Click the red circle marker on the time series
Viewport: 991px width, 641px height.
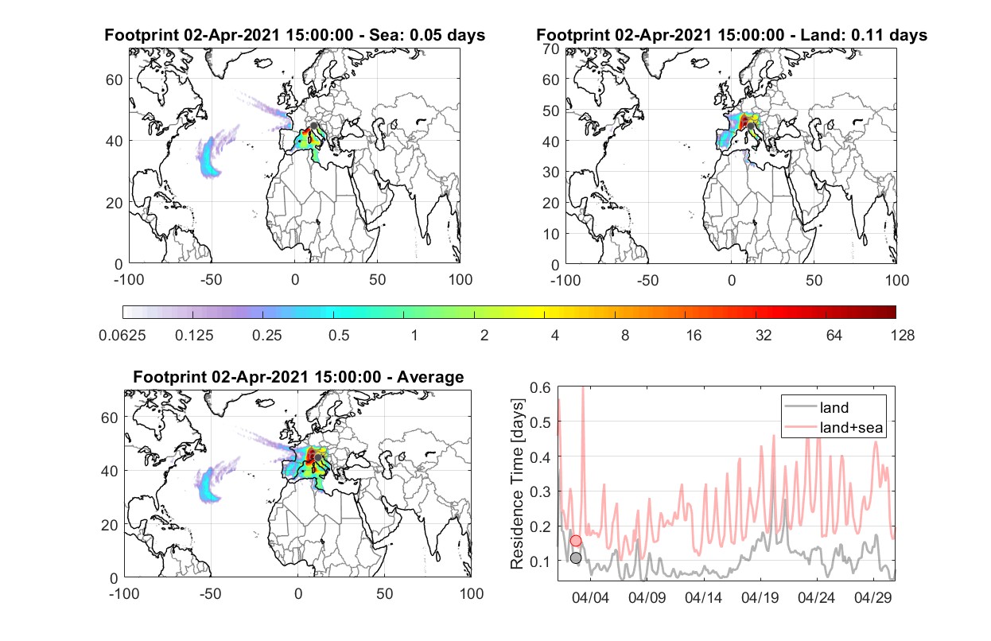pos(576,541)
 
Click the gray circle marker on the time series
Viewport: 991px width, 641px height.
pos(576,557)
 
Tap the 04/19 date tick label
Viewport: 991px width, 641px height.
pos(760,598)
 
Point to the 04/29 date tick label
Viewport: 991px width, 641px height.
pos(872,598)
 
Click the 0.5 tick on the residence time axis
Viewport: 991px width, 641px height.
pos(540,422)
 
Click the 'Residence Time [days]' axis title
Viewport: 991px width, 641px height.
pos(517,484)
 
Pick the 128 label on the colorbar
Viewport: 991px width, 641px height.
pos(902,336)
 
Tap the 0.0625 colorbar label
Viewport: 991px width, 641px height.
pos(122,336)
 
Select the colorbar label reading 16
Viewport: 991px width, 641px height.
pos(694,336)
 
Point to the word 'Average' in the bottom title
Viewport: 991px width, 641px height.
pos(430,377)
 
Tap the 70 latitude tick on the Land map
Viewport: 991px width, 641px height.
pos(551,49)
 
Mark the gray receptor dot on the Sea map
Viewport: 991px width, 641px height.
pos(313,126)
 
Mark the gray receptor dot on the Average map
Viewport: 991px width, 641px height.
pos(317,457)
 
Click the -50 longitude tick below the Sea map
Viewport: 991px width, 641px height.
pos(212,280)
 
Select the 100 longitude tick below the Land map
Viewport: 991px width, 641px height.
pos(897,281)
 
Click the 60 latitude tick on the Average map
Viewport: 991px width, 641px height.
pos(109,418)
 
